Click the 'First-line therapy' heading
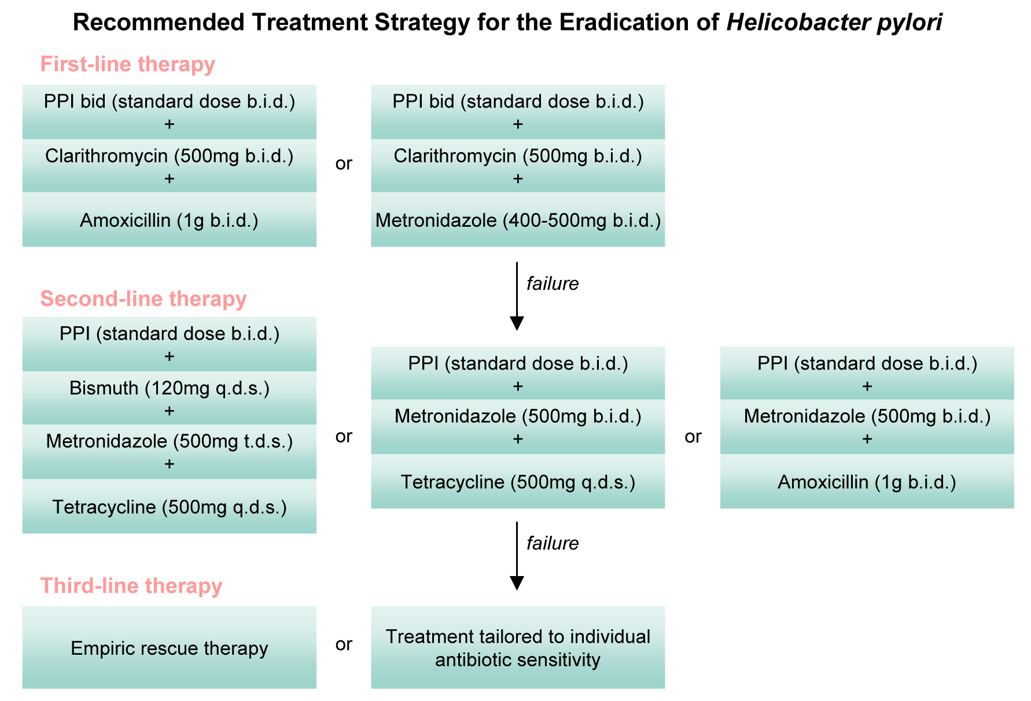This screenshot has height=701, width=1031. tap(127, 64)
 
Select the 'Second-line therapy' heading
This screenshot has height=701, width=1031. tap(143, 298)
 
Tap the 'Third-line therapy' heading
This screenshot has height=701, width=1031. tap(131, 586)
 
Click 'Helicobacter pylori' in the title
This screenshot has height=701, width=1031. tap(834, 23)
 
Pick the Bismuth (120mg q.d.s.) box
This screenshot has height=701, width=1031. tap(170, 398)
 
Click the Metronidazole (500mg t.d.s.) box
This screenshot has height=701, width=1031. tap(170, 452)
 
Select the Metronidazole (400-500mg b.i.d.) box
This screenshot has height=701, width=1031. tap(518, 220)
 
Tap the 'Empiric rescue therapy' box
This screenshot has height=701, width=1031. tap(170, 647)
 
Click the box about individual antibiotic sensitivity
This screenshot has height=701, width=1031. tap(518, 647)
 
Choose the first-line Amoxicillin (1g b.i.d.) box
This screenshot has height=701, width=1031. tap(170, 220)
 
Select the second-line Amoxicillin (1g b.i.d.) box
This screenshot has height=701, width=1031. tap(867, 481)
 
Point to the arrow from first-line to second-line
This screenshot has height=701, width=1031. tap(517, 296)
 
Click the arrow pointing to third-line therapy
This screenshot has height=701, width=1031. tap(517, 556)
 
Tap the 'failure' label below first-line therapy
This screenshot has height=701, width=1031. tap(553, 283)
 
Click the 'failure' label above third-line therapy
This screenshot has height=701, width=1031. tap(553, 543)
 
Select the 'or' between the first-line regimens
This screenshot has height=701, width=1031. tap(344, 164)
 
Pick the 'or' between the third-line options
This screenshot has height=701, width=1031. tap(344, 644)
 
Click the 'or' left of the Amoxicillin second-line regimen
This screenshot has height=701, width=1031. tap(693, 437)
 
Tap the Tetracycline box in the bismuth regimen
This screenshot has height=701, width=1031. tap(170, 506)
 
